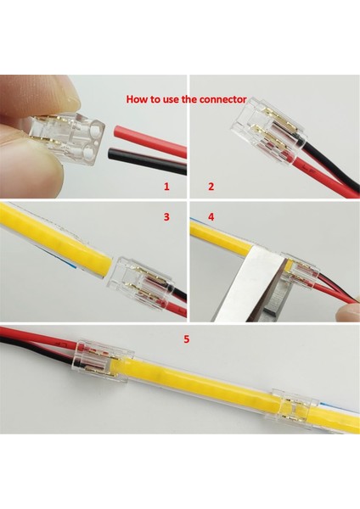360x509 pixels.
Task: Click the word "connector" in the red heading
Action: [x=222, y=99]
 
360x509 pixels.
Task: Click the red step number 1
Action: [x=167, y=184]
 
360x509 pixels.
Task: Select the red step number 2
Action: [x=211, y=184]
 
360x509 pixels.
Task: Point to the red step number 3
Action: [x=166, y=218]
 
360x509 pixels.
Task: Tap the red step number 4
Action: [x=211, y=218]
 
